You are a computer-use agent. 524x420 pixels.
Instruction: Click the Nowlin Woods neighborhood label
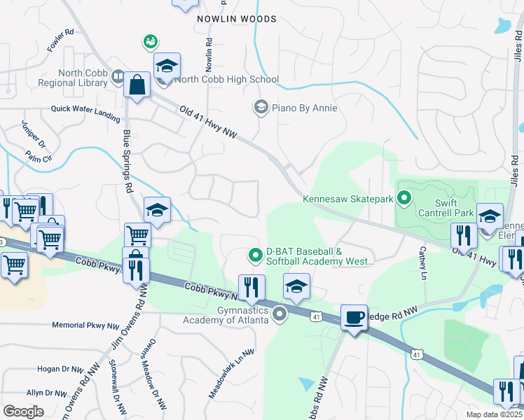[x=236, y=19]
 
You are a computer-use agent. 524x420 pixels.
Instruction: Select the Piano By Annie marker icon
[x=261, y=107]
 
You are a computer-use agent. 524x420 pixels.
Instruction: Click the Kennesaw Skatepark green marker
[x=404, y=199]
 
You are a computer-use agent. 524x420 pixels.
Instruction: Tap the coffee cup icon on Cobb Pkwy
[x=354, y=318]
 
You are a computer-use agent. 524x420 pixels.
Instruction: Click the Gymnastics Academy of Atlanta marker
[x=280, y=314]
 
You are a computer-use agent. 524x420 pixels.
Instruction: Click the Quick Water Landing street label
[x=85, y=109]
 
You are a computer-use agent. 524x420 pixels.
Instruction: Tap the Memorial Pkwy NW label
[x=86, y=325]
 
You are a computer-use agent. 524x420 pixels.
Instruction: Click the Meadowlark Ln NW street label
[x=229, y=374]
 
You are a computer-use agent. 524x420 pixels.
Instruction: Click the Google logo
[x=23, y=412]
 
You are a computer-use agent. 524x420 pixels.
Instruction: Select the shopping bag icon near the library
[x=138, y=85]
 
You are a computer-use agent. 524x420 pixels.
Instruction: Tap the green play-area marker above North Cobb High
[x=151, y=43]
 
